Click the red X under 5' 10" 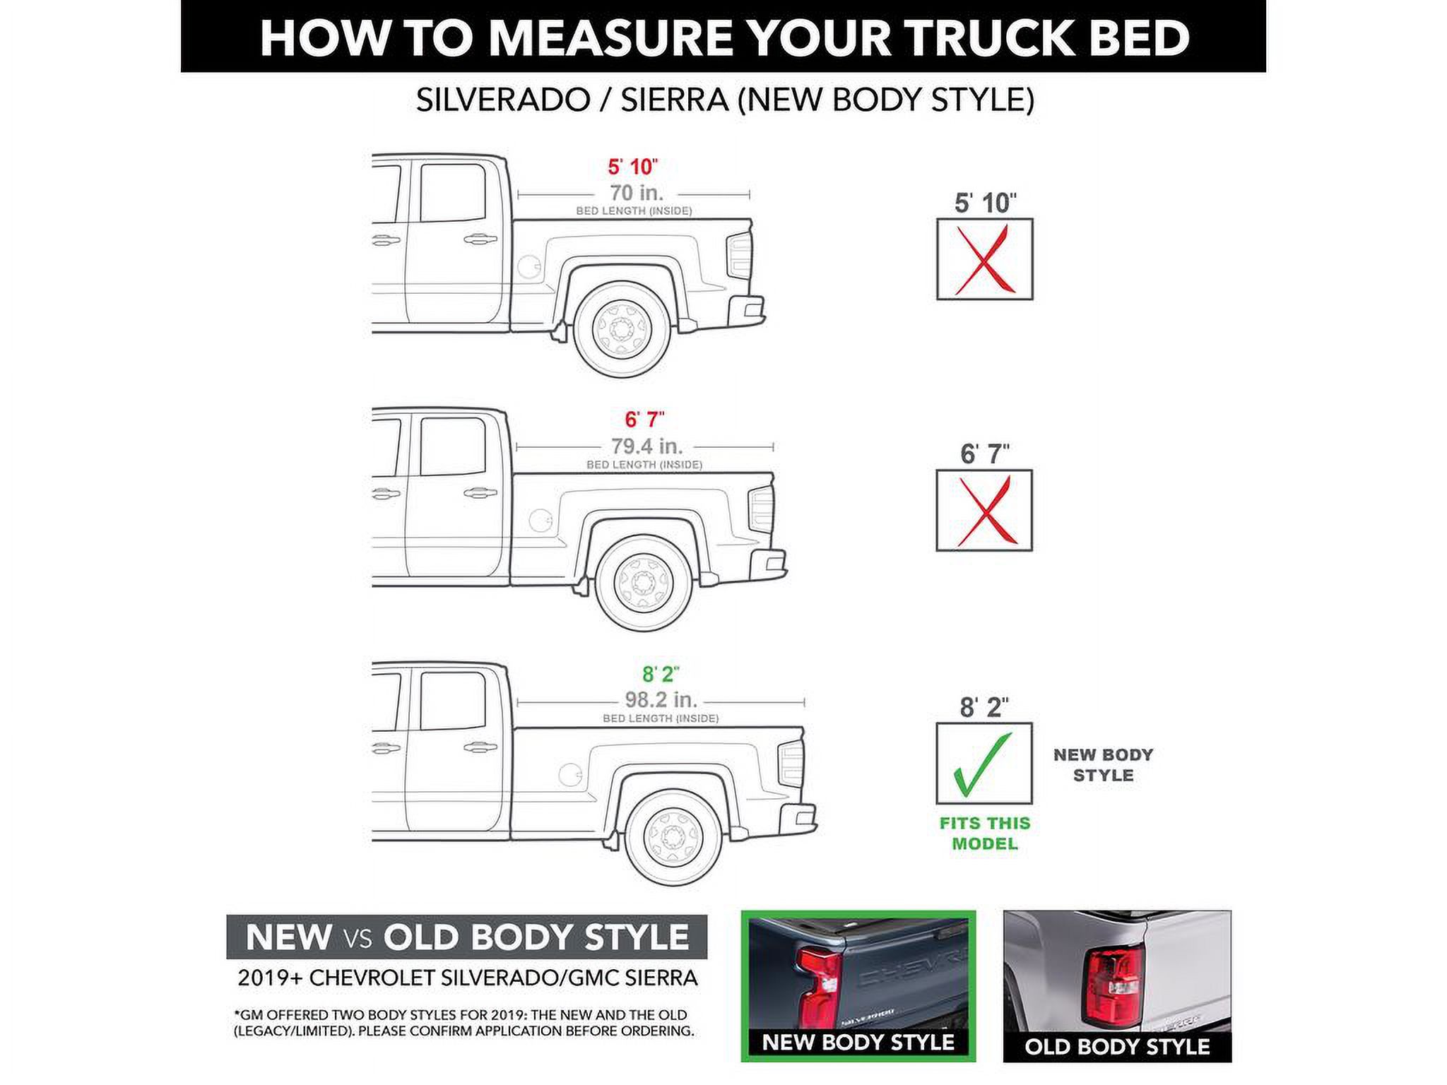click(984, 259)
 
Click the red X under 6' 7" click(984, 511)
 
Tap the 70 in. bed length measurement click(636, 193)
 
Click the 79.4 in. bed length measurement click(646, 446)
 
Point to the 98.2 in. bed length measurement click(661, 700)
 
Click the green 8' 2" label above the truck click(660, 674)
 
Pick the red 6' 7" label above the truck click(644, 420)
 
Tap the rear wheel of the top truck click(622, 329)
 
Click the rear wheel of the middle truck click(643, 583)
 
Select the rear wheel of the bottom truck click(673, 836)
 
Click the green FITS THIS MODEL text click(984, 834)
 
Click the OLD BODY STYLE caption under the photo click(1116, 1047)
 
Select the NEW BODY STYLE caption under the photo click(858, 1043)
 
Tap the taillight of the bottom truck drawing click(791, 764)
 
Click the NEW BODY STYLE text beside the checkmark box click(1102, 765)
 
